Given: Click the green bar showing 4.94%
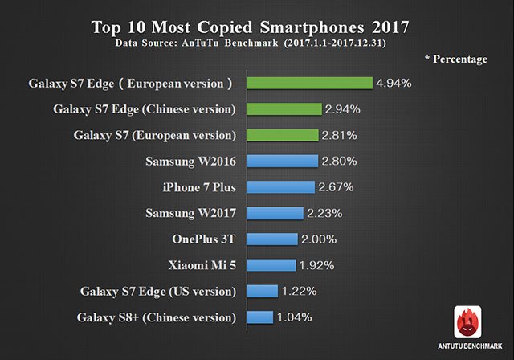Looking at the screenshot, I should point(309,83).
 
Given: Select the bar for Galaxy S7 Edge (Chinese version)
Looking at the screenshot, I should point(284,108).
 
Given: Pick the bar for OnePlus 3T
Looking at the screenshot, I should point(272,239).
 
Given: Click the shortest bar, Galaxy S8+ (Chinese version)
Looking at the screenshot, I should point(260,317).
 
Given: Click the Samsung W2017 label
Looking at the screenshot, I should point(190,213).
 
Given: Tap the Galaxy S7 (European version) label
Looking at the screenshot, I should point(154,134).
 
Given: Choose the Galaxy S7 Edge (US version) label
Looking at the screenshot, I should point(158,291).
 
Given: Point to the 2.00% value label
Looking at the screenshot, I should point(318,239).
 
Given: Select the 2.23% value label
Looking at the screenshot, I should point(324,214).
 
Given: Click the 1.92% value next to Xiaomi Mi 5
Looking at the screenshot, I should point(316,266).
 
